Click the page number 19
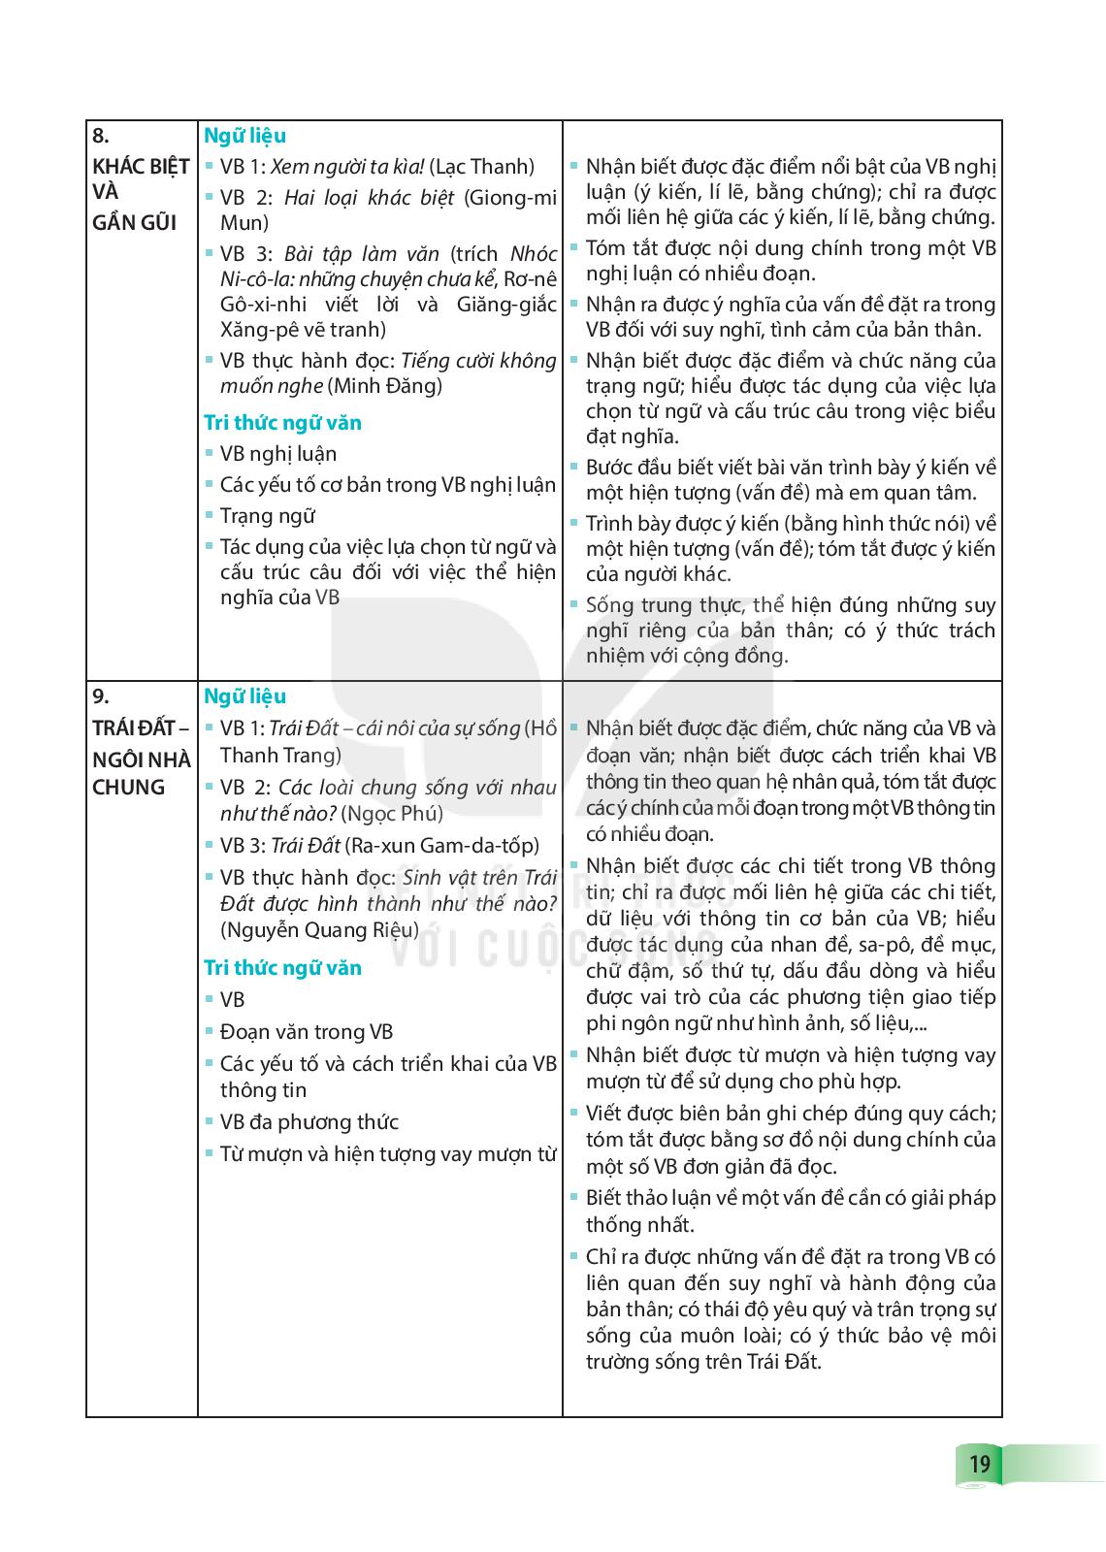click(x=979, y=1463)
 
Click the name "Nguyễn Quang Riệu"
click(x=319, y=929)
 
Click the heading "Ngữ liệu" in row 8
click(x=244, y=136)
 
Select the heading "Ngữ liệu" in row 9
click(x=244, y=696)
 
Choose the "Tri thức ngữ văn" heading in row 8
click(x=282, y=423)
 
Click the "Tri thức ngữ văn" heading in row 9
click(x=282, y=968)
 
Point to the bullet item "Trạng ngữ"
click(x=268, y=516)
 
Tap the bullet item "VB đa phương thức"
click(x=309, y=1122)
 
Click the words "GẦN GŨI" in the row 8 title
click(x=134, y=222)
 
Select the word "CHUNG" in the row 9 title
click(x=129, y=787)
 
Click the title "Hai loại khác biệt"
click(x=369, y=198)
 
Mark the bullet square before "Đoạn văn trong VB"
click(x=210, y=1030)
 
